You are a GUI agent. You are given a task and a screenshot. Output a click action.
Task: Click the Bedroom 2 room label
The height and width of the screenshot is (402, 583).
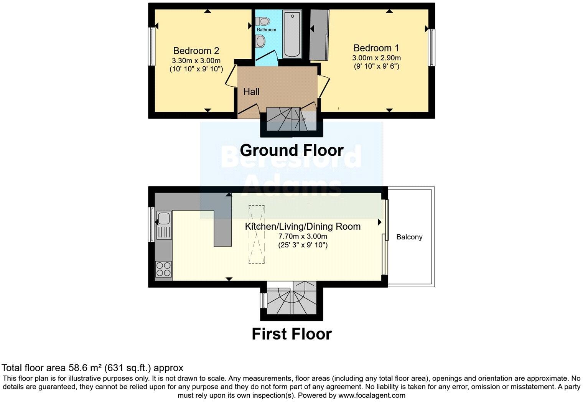point(196,51)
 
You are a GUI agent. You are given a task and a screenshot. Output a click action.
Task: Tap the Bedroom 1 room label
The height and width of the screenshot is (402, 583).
point(376,48)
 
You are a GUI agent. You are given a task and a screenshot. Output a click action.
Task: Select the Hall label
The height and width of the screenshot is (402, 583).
point(251,92)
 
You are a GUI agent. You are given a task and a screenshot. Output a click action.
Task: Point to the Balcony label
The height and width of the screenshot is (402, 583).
point(409,237)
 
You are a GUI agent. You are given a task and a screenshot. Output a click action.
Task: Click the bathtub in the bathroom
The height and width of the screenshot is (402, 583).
point(293,34)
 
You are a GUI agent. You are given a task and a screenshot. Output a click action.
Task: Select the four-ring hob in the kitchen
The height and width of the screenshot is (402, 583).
point(164,269)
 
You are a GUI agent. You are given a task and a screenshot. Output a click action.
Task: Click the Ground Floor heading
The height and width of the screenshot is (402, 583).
point(291,150)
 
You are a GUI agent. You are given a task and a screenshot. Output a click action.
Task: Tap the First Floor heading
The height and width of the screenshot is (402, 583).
point(291,334)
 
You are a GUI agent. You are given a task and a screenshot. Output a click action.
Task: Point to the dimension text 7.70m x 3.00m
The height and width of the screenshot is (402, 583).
point(303,236)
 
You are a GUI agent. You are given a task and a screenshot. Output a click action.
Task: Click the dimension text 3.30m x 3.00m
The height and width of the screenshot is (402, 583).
point(196,61)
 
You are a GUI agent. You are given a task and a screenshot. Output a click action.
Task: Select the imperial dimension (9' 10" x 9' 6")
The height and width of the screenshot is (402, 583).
point(376,66)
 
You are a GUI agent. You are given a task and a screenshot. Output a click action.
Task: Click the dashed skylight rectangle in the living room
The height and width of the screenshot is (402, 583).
point(256,234)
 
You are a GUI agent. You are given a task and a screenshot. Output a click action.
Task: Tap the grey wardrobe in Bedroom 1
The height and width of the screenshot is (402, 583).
point(319,35)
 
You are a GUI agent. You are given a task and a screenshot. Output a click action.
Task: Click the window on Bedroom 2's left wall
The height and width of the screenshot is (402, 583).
point(152,46)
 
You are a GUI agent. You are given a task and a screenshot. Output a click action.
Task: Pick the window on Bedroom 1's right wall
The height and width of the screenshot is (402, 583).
point(432,48)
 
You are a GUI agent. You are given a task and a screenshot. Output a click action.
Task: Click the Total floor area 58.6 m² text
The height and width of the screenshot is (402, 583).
point(92,368)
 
